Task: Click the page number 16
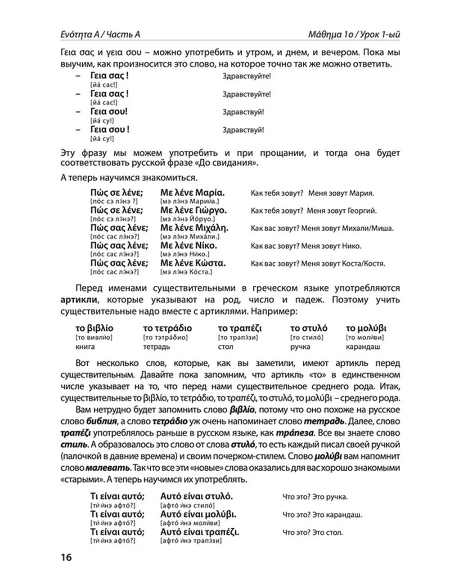66,557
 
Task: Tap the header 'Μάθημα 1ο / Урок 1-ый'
354,35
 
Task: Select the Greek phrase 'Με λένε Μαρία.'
193,193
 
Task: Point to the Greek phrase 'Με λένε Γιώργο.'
193,211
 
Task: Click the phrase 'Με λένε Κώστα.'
193,263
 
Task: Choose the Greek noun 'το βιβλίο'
94,328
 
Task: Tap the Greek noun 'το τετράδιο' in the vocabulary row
167,328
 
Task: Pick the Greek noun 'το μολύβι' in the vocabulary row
366,328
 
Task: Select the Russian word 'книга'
85,347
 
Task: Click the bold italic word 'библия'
101,422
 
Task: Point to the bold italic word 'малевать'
107,468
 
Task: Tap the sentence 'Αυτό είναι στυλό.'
197,496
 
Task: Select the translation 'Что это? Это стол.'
313,533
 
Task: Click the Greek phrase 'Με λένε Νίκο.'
189,246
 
